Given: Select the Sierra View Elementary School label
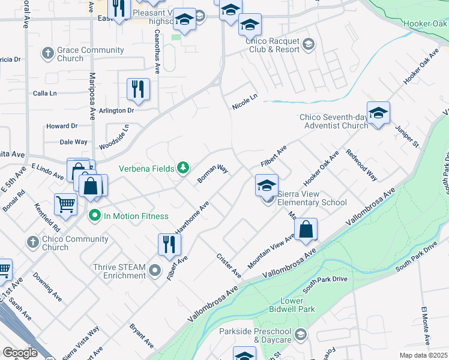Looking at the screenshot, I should (312, 198).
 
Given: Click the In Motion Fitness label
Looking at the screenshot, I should (136, 216).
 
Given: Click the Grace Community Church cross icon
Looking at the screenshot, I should (47, 54).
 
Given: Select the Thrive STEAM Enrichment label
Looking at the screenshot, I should (119, 271).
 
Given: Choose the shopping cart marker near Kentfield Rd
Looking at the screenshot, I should (65, 203).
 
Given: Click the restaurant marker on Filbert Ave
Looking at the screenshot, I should (169, 244).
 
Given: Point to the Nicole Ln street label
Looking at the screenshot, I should (245, 101).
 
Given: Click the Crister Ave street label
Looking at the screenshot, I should (229, 265).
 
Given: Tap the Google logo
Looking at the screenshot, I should (20, 352).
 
